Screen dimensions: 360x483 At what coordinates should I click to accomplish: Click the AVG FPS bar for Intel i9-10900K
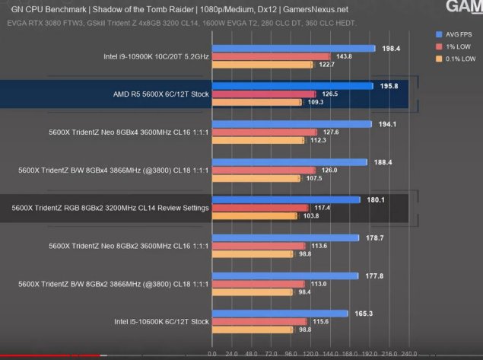(293, 48)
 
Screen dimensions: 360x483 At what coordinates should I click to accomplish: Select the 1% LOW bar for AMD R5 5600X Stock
(263, 94)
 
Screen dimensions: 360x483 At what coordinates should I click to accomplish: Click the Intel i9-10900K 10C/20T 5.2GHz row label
(156, 56)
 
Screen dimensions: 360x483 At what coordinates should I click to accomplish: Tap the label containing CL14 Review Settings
(110, 208)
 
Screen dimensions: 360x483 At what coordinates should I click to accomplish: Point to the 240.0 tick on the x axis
(408, 354)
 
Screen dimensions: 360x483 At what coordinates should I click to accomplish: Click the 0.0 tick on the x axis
(212, 354)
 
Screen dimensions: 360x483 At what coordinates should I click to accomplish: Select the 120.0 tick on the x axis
(310, 354)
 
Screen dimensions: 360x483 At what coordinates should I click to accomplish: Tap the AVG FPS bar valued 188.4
(288, 161)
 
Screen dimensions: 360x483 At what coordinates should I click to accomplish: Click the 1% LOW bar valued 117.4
(259, 208)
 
